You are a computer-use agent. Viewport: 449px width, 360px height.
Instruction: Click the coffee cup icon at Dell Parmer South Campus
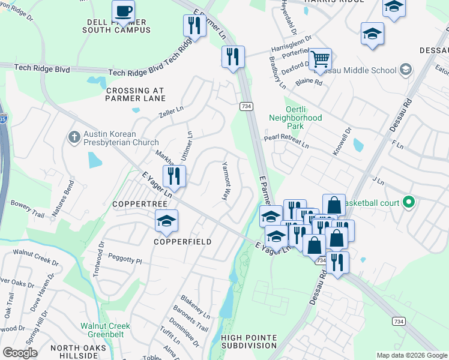124,11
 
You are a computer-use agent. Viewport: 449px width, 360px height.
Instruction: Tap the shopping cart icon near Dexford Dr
321,59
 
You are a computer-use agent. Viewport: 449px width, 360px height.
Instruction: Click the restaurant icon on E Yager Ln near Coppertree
174,176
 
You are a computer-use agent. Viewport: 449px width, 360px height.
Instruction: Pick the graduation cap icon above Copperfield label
167,220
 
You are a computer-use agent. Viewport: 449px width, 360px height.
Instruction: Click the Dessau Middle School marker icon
406,70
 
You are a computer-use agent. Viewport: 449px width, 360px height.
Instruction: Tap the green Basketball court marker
409,203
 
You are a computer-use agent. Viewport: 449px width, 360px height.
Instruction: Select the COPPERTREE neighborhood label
134,204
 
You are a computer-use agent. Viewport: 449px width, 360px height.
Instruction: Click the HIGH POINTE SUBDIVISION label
248,342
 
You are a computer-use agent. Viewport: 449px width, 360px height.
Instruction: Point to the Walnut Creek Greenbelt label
106,331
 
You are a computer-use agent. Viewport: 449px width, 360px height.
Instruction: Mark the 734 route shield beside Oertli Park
246,106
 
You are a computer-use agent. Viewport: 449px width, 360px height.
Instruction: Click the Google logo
20,353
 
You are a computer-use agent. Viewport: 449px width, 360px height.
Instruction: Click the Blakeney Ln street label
195,307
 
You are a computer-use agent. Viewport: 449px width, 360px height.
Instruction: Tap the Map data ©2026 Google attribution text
412,355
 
